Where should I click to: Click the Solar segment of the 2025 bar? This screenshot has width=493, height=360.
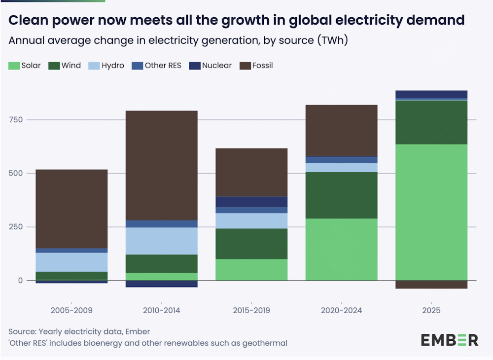(x=431, y=212)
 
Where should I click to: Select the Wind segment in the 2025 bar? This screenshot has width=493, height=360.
(x=431, y=122)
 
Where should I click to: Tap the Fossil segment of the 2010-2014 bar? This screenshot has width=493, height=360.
(x=162, y=165)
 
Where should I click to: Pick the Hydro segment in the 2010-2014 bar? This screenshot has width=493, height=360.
(x=162, y=241)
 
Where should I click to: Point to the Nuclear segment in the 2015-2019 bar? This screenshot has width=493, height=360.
(x=251, y=202)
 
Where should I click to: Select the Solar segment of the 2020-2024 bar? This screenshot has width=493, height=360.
(x=341, y=249)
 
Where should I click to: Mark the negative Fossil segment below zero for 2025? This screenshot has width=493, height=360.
(x=431, y=285)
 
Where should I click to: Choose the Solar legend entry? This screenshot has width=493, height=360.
(x=25, y=66)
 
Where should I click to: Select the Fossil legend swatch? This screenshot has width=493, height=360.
(x=244, y=66)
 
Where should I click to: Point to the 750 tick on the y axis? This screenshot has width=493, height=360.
(x=17, y=120)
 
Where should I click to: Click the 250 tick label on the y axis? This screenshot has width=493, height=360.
(x=17, y=227)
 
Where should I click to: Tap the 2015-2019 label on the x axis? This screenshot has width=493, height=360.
(x=251, y=311)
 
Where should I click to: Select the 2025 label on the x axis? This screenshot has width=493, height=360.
(x=431, y=311)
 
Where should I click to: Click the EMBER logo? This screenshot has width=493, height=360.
(x=449, y=340)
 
